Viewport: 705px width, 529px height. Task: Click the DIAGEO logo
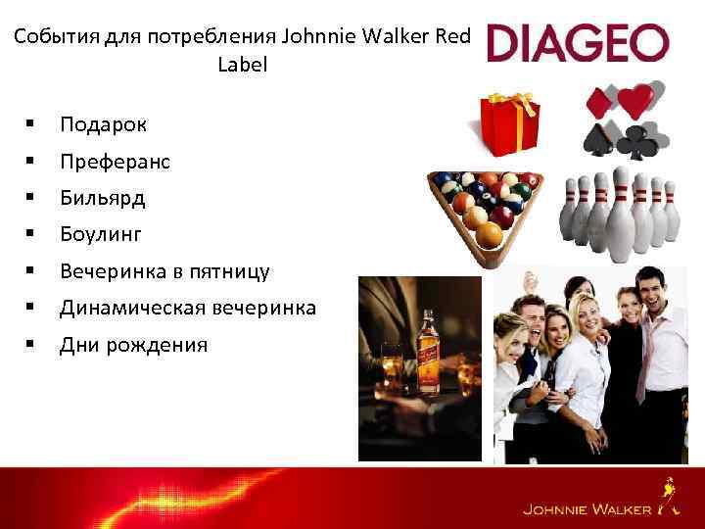578,43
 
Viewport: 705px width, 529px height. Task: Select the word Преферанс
115,161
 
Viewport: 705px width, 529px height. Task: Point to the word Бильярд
102,198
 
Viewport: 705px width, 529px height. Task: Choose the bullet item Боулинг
101,234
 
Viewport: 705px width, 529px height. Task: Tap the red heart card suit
636,97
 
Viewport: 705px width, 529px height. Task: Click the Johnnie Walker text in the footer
586,509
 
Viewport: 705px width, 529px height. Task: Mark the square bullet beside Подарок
32,124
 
